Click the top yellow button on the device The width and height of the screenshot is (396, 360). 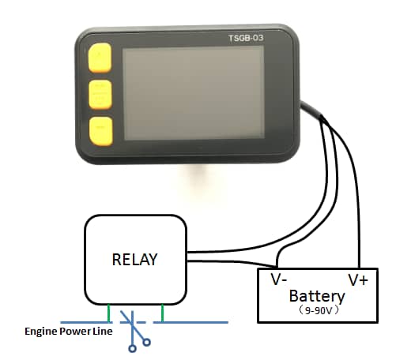pyautogui.click(x=100, y=58)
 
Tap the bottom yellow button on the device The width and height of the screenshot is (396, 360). pyautogui.click(x=100, y=131)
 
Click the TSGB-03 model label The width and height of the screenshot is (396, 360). pyautogui.click(x=246, y=38)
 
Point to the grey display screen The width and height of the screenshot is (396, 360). pyautogui.click(x=194, y=93)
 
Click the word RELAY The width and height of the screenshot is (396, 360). pyautogui.click(x=134, y=260)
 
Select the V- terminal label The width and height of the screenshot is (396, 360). pyautogui.click(x=279, y=279)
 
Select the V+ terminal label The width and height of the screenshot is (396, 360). pyautogui.click(x=358, y=280)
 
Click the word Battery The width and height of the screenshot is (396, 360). pyautogui.click(x=317, y=297)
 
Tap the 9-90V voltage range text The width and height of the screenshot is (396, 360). pyautogui.click(x=318, y=311)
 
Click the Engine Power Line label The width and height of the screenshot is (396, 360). pyautogui.click(x=69, y=332)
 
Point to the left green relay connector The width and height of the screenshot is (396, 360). pyautogui.click(x=109, y=313)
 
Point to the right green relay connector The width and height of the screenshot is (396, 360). pyautogui.click(x=162, y=313)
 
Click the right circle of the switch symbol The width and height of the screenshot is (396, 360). pyautogui.click(x=147, y=342)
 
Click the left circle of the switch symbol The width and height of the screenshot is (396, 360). pyautogui.click(x=132, y=349)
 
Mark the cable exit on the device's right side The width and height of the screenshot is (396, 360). pyautogui.click(x=302, y=104)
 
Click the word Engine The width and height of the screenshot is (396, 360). pyautogui.click(x=41, y=332)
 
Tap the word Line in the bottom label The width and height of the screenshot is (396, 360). pyautogui.click(x=103, y=331)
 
